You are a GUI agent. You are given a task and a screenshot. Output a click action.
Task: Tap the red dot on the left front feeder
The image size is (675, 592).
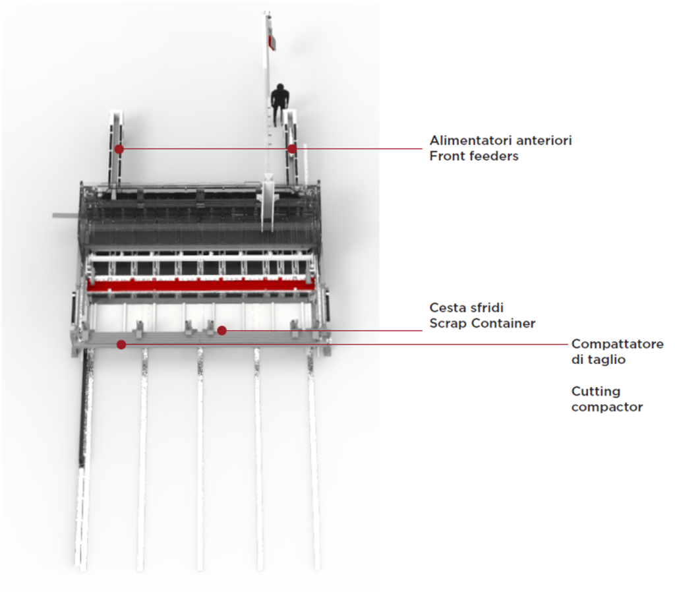pyautogui.click(x=119, y=149)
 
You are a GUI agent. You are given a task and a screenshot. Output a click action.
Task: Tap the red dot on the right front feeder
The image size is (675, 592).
pyautogui.click(x=292, y=149)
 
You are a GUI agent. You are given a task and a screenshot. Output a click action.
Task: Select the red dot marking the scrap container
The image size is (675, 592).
pyautogui.click(x=221, y=331)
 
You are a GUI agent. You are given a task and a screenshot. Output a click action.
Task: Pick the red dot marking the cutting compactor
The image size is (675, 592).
pyautogui.click(x=121, y=344)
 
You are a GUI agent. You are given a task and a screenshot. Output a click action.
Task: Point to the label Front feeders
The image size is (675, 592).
pyautogui.click(x=474, y=156)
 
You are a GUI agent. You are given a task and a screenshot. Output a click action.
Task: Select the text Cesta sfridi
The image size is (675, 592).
pyautogui.click(x=467, y=308)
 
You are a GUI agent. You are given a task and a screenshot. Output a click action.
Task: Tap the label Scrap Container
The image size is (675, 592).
pyautogui.click(x=483, y=323)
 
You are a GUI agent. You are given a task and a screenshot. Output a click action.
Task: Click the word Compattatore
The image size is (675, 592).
pyautogui.click(x=617, y=344)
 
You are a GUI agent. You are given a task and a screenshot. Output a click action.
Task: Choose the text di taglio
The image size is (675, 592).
pyautogui.click(x=599, y=359)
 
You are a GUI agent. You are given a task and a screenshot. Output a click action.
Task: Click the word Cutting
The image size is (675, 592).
pyautogui.click(x=596, y=392)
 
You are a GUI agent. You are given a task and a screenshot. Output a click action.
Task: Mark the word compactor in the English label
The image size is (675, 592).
pyautogui.click(x=607, y=407)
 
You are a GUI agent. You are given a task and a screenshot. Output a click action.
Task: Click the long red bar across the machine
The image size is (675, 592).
pyautogui.click(x=200, y=285)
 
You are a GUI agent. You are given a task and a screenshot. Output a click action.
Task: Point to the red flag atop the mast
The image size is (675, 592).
pyautogui.click(x=272, y=42)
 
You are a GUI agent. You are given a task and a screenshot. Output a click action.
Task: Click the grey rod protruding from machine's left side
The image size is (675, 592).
pyautogui.click(x=67, y=215)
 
